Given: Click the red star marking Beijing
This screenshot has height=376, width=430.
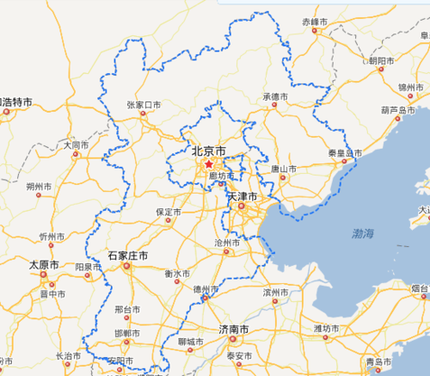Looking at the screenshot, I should [208, 163].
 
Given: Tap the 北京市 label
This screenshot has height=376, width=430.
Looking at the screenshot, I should [208, 151].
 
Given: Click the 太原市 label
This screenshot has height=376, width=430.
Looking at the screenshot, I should [44, 264].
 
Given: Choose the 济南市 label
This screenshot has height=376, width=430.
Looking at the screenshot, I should [234, 330].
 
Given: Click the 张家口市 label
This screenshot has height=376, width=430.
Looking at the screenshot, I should [144, 105].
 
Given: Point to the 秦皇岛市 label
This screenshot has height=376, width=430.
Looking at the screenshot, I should [342, 153].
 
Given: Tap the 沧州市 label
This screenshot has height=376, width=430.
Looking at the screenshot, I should [227, 243].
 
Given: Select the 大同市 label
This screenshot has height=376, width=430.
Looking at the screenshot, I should [75, 145].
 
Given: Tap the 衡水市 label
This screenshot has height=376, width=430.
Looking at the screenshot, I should [176, 274].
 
